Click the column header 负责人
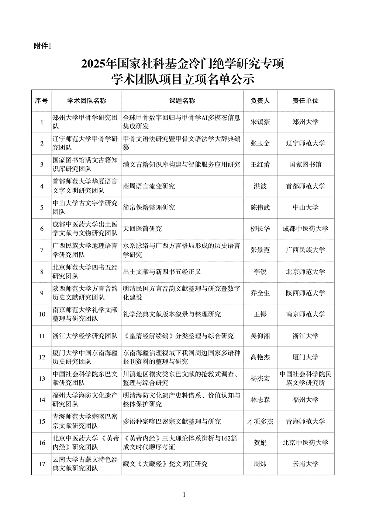[x=260, y=101]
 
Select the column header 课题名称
[x=182, y=101]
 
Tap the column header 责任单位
[x=305, y=101]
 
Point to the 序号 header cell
[x=41, y=101]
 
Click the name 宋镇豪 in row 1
[x=260, y=122]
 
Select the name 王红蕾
[x=260, y=165]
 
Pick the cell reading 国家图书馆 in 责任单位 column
[x=305, y=165]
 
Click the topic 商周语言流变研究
[x=149, y=186]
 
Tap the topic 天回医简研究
[x=142, y=229]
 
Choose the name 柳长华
[x=260, y=229]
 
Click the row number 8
[x=42, y=272]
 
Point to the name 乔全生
[x=260, y=293]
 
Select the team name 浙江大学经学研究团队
[x=85, y=336]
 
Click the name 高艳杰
[x=260, y=357]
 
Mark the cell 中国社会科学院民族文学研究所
[x=305, y=379]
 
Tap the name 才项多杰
[x=260, y=421]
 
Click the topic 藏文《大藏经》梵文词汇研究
[x=165, y=464]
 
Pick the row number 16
[x=42, y=443]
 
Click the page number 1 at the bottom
[x=184, y=494]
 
